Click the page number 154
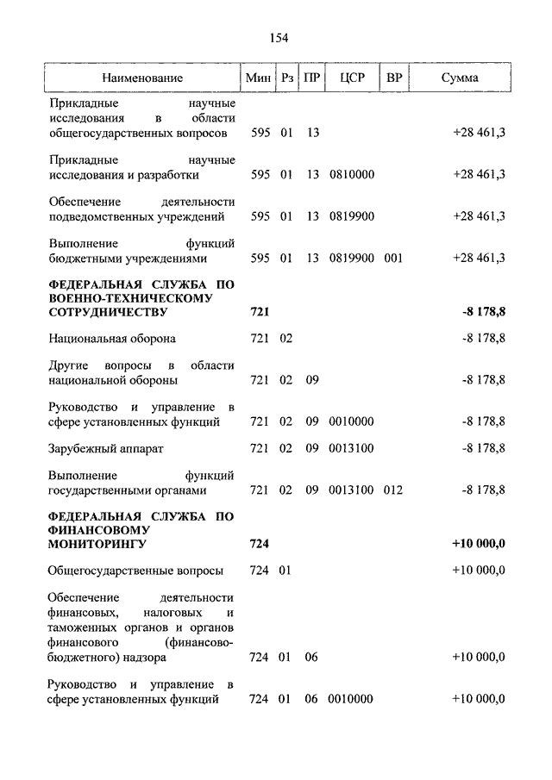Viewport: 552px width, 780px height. [x=278, y=37]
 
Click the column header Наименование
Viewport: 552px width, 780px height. [x=142, y=78]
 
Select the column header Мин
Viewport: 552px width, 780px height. [x=258, y=78]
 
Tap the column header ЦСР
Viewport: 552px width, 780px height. [x=353, y=78]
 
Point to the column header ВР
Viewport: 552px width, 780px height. [x=394, y=78]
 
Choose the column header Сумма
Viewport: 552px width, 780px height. [x=460, y=78]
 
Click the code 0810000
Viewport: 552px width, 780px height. [x=351, y=174]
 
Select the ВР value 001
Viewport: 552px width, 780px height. [x=394, y=258]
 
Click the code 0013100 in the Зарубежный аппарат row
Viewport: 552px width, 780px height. [x=351, y=448]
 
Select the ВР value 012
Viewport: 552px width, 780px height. [x=394, y=490]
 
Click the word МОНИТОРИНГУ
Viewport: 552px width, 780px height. [x=97, y=545]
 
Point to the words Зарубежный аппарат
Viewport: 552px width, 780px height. [x=106, y=448]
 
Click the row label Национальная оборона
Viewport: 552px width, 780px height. [x=112, y=338]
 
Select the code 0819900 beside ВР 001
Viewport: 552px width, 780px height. [x=351, y=258]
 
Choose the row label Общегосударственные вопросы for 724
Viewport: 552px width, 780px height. [x=136, y=571]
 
